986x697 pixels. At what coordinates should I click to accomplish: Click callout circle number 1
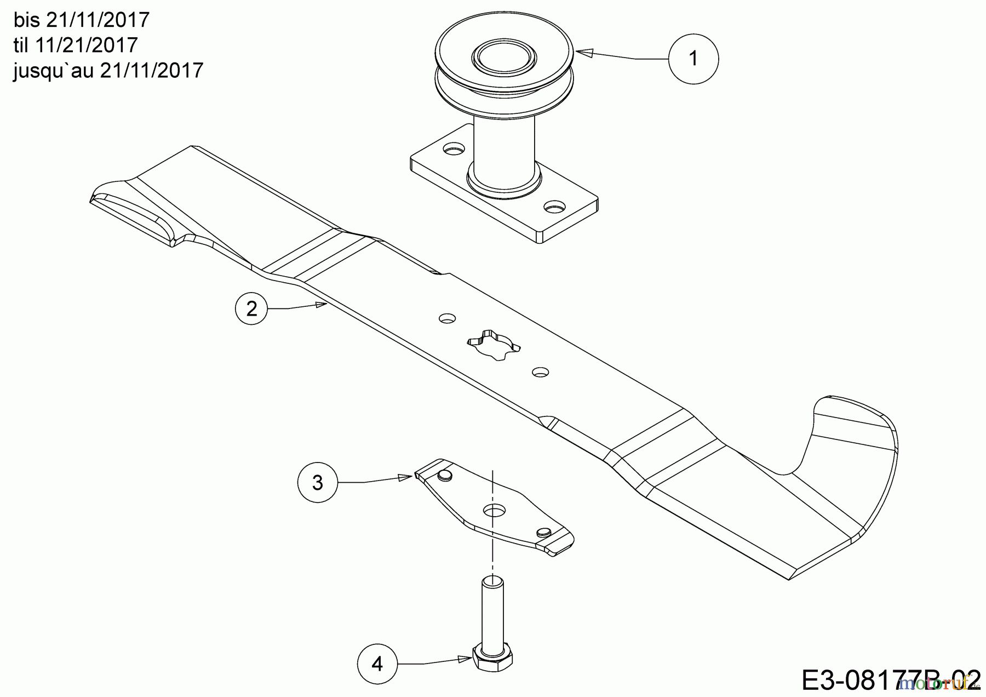[x=693, y=59]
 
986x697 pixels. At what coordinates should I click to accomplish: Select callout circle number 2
[x=251, y=309]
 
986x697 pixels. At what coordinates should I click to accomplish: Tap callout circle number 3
[x=318, y=483]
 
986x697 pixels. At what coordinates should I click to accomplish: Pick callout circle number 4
[x=377, y=664]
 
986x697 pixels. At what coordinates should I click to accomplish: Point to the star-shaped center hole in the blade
[x=494, y=345]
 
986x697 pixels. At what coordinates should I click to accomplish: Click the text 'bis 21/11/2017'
[x=81, y=20]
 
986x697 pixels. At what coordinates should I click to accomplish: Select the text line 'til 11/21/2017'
[x=76, y=45]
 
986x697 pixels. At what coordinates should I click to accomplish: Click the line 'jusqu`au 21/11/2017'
[x=108, y=70]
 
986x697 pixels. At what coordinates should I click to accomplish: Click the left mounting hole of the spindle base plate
[x=453, y=148]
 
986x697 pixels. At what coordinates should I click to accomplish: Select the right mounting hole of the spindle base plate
[x=555, y=208]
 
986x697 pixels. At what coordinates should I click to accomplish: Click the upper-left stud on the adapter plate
[x=445, y=473]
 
